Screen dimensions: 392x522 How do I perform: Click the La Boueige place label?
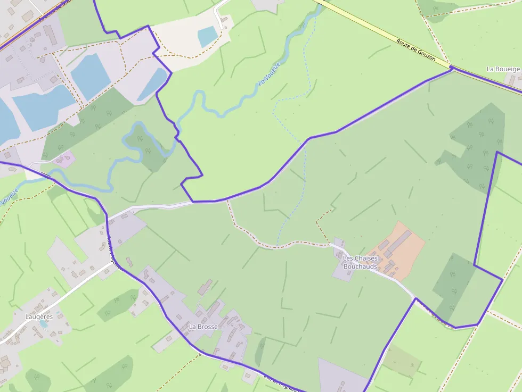pyautogui.click(x=503, y=69)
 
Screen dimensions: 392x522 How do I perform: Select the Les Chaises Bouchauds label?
pyautogui.click(x=360, y=262)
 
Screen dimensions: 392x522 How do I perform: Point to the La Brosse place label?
pyautogui.click(x=203, y=327)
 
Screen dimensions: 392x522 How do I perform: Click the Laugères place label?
pyautogui.click(x=39, y=316)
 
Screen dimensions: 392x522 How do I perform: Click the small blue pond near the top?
pyautogui.click(x=207, y=36)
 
